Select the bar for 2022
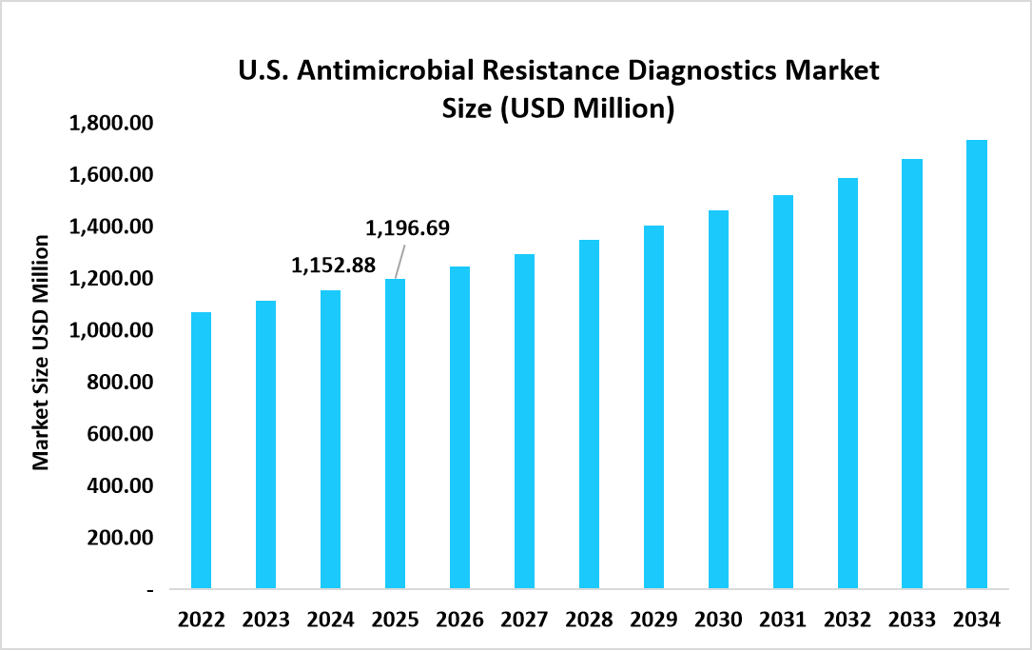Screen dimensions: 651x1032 pos(201,450)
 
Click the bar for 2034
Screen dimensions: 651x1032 pos(977,365)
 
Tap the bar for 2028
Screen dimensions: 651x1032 pos(589,414)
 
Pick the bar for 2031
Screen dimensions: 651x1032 pos(783,392)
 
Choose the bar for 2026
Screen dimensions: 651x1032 pos(459,427)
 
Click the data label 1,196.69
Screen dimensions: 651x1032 pos(407,228)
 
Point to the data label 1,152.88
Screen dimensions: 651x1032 pos(333,264)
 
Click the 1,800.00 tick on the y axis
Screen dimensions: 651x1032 pos(112,124)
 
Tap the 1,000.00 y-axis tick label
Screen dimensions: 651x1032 pos(112,330)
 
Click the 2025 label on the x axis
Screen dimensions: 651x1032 pos(395,620)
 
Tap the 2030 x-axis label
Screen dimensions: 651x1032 pos(718,620)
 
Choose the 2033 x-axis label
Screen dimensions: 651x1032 pos(912,620)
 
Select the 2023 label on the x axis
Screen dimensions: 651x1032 pos(265,620)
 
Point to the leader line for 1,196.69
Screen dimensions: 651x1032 pos(400,261)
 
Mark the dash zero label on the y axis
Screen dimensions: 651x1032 pos(149,590)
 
